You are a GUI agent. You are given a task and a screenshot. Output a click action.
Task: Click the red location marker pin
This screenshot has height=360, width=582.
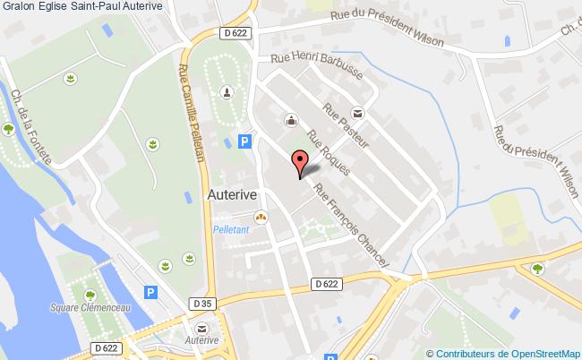pos(301,163)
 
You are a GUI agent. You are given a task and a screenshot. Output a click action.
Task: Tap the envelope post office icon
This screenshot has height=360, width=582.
pos(358,113)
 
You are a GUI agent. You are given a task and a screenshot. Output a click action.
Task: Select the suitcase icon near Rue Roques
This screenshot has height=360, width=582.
pos(290,119)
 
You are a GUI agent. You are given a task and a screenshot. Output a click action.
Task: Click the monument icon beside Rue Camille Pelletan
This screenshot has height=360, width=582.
pos(227,92)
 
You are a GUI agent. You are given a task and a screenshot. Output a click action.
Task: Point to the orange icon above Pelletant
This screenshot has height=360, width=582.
pos(261,216)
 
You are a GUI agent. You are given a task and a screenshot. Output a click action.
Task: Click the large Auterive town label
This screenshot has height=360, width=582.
pos(233,193)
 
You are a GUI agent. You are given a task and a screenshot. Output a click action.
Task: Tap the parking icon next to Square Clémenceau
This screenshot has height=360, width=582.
pos(150,292)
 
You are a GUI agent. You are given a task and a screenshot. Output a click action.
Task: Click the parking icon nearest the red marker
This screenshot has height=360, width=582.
pos(244,141)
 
